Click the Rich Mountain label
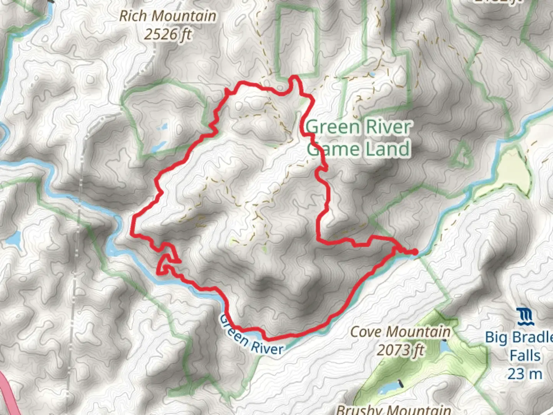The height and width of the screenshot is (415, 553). (167, 16)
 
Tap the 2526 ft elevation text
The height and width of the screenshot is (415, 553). (167, 35)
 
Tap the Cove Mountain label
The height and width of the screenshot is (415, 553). (400, 332)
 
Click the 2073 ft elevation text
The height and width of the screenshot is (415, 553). (400, 350)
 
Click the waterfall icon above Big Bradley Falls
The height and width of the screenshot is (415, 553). (525, 317)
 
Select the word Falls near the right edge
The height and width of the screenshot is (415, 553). (525, 355)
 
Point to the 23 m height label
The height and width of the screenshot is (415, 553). (525, 373)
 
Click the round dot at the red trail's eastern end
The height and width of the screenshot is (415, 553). (415, 252)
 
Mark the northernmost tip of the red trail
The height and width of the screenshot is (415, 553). (295, 77)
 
